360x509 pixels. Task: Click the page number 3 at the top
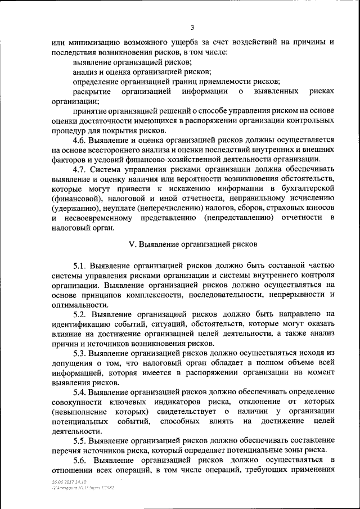(192, 28)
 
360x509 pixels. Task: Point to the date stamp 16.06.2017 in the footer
(60, 483)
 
